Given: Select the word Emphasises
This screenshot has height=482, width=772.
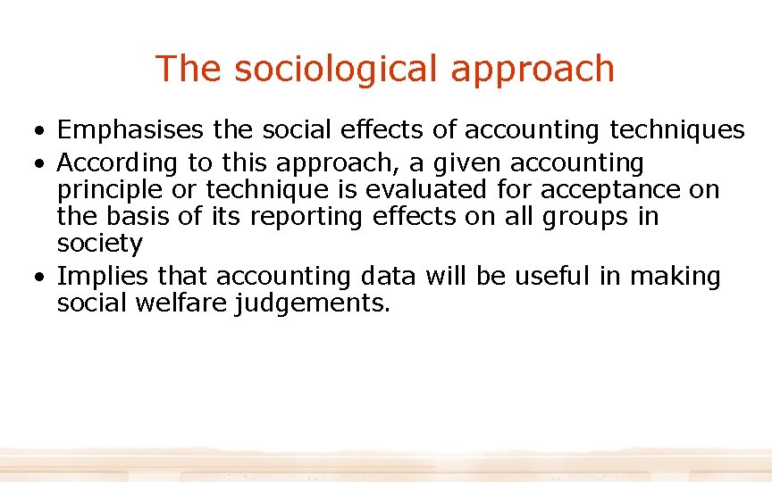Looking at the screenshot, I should pyautogui.click(x=131, y=130).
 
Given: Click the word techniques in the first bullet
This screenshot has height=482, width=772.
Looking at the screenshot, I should pyautogui.click(x=677, y=130).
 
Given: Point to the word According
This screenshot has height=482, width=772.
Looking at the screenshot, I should pyautogui.click(x=118, y=164).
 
